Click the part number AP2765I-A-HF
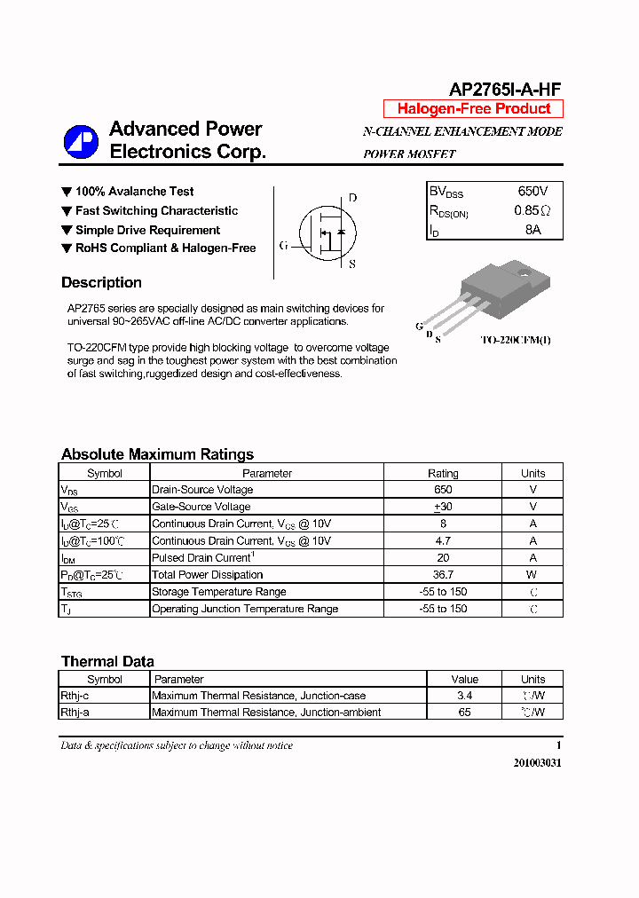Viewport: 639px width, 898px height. pyautogui.click(x=505, y=90)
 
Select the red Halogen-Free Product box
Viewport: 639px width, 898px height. pyautogui.click(x=473, y=109)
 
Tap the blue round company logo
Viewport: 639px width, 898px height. pyautogui.click(x=81, y=142)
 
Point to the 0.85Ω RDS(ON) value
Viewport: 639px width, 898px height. pyautogui.click(x=532, y=210)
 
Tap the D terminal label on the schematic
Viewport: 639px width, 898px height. pyautogui.click(x=352, y=198)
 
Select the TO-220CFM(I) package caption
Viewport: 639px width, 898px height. pyautogui.click(x=516, y=340)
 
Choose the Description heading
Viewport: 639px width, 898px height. pyautogui.click(x=101, y=283)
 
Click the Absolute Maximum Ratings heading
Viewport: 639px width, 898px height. pyautogui.click(x=157, y=454)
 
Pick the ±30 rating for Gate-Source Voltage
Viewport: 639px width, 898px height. pyautogui.click(x=443, y=507)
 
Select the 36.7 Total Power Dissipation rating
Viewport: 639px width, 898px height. pyautogui.click(x=443, y=575)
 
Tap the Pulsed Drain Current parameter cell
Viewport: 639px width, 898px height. pyautogui.click(x=202, y=558)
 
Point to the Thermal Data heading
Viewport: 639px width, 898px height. pyautogui.click(x=107, y=662)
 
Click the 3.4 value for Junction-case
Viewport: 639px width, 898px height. pyautogui.click(x=464, y=696)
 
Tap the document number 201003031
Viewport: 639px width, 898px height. pyautogui.click(x=537, y=763)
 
